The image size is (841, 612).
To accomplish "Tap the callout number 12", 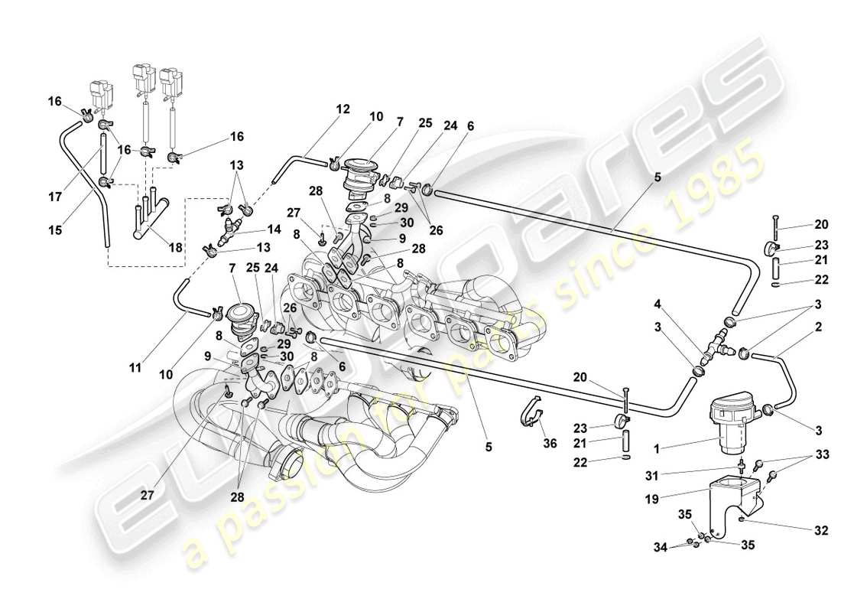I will coord(343,109).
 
